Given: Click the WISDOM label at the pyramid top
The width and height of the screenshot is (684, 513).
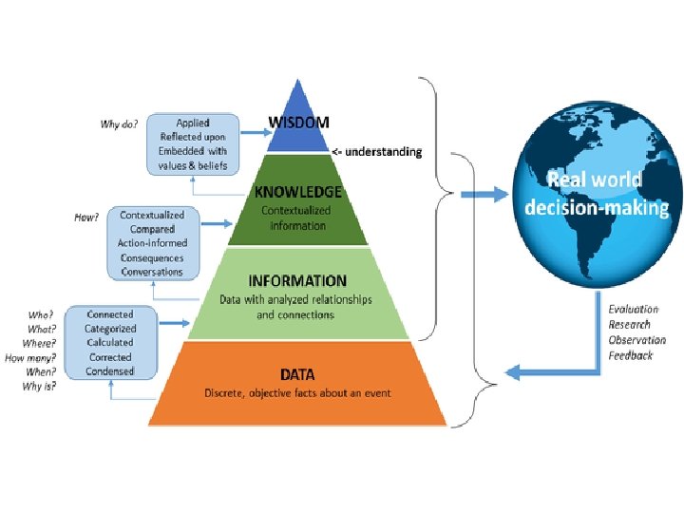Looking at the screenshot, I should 299,123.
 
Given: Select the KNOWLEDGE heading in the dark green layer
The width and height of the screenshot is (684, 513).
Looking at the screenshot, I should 298,192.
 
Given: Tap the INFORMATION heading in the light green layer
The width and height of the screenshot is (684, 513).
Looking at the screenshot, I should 297,281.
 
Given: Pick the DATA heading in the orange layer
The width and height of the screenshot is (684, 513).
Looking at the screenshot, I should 296,374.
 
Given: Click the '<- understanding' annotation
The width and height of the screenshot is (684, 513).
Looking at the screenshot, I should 376,152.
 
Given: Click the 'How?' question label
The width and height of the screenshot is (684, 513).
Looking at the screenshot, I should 86,217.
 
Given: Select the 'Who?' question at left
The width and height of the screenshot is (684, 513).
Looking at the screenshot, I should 42,313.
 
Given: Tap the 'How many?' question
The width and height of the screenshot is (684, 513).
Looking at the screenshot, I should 30,358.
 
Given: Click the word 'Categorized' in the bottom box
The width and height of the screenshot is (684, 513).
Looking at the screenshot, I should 110,329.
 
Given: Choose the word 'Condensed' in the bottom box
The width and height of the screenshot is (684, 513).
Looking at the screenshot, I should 110,371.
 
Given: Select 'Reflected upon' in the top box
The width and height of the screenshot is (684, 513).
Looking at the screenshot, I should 200,138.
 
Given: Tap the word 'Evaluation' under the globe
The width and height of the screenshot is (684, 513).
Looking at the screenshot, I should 633,310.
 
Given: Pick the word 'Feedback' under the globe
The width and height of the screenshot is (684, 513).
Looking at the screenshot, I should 631,355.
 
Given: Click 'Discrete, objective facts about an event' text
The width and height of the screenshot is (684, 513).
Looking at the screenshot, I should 296,393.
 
